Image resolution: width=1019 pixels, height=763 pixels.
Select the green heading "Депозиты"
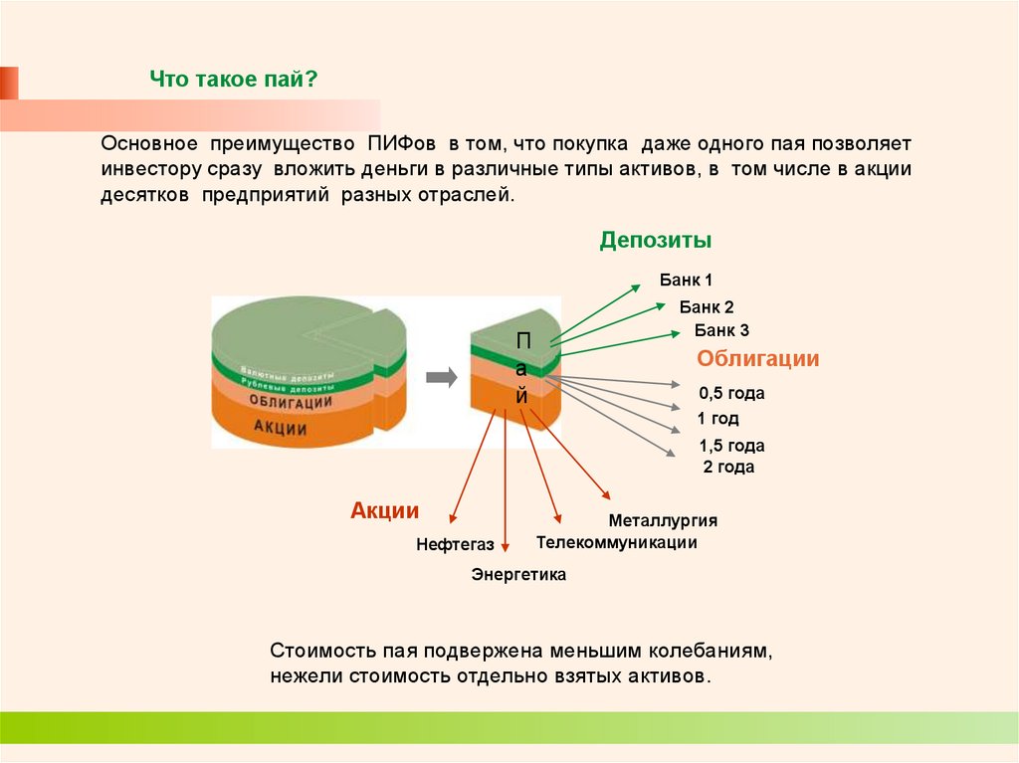point(655,241)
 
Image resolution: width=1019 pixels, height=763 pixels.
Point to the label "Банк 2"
point(707,307)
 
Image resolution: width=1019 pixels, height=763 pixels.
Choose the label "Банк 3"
point(721,331)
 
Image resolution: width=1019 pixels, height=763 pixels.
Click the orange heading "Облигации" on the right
point(757,359)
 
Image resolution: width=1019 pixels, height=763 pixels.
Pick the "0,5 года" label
point(731,393)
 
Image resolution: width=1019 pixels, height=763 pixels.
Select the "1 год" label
point(717,419)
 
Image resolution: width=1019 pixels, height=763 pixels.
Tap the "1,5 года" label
point(731,446)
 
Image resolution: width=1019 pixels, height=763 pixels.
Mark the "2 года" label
point(728,467)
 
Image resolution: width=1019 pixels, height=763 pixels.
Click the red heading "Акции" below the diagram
point(384,511)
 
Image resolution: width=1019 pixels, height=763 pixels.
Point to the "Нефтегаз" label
point(455,544)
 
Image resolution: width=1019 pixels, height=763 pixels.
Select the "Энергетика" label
point(518,574)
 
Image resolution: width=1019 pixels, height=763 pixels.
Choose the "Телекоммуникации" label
point(616,542)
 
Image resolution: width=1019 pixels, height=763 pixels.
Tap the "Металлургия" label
point(663,520)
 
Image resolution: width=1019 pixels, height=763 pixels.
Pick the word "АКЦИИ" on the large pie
point(280,429)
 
